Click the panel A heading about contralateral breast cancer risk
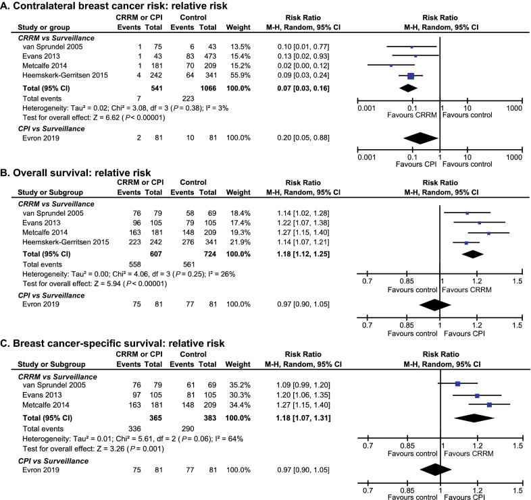(109, 7)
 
